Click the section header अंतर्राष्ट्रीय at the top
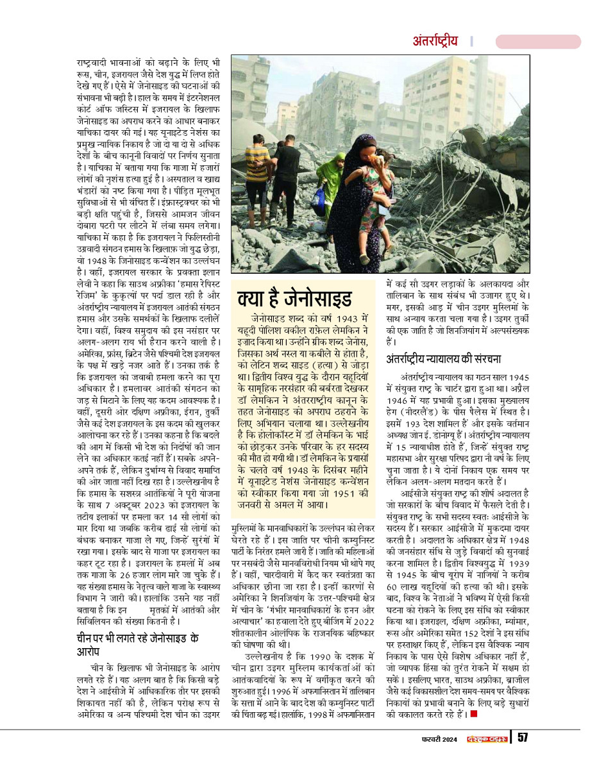pyautogui.click(x=435, y=42)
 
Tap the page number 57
pyautogui.click(x=523, y=737)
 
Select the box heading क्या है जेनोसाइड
pyautogui.click(x=294, y=299)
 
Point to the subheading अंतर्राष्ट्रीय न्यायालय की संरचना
pyautogui.click(x=443, y=359)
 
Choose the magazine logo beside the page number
pyautogui.click(x=487, y=738)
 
